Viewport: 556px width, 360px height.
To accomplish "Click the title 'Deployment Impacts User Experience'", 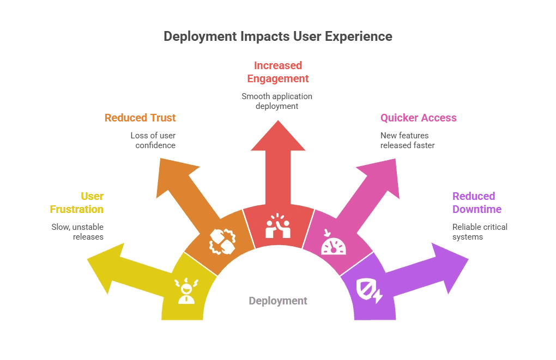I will (277, 36).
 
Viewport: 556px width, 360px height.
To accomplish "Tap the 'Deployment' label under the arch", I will (277, 301).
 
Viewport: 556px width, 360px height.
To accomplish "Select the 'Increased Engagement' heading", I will (277, 72).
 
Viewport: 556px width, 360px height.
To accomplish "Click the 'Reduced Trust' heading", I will (140, 118).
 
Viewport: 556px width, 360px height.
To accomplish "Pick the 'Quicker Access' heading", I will (418, 118).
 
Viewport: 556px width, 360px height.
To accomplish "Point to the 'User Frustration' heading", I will (77, 203).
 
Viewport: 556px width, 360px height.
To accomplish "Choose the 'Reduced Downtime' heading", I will (476, 203).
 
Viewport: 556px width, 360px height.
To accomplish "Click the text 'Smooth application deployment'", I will (277, 101).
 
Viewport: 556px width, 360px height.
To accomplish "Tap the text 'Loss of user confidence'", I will (153, 141).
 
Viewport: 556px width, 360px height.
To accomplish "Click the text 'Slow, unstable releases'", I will (77, 232).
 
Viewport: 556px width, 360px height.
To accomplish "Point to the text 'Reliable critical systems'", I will (480, 232).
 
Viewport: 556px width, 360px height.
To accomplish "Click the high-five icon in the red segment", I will (277, 226).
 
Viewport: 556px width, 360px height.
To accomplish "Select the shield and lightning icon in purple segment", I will (369, 290).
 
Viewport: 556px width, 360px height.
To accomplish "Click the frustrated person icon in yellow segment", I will (186, 291).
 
